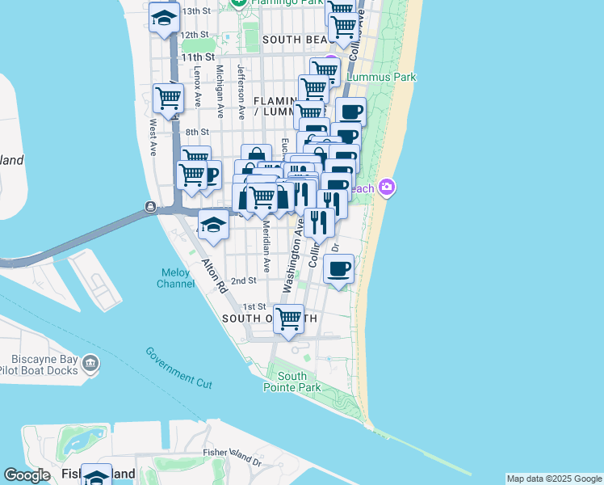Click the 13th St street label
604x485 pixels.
point(195,11)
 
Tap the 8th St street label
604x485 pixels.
point(197,132)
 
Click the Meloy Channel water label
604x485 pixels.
point(176,278)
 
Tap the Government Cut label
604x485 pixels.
point(179,368)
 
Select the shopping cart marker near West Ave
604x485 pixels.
point(168,98)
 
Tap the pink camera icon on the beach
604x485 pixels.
point(388,188)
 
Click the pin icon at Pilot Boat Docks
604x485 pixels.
point(90,365)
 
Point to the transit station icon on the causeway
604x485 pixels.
point(151,206)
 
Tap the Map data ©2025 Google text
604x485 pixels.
point(554,479)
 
